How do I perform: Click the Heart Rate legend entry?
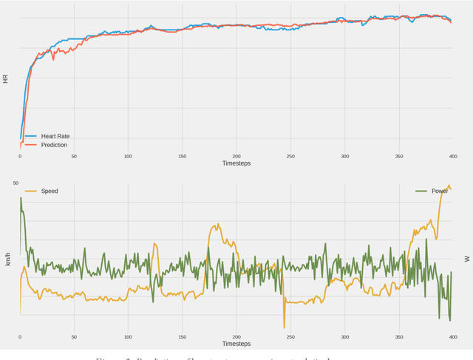click(x=55, y=137)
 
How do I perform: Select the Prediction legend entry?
click(x=53, y=145)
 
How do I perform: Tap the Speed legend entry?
click(x=49, y=191)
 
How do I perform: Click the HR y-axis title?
click(x=6, y=78)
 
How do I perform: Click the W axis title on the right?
click(x=466, y=259)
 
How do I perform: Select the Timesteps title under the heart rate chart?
click(x=236, y=163)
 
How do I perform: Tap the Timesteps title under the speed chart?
click(x=236, y=344)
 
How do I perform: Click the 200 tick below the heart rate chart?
click(x=236, y=157)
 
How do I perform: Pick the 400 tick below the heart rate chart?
click(x=452, y=157)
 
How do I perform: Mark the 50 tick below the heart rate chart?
click(x=74, y=157)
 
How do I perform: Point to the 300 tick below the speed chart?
click(x=344, y=337)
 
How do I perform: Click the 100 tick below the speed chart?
click(x=128, y=337)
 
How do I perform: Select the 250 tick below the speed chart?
click(x=290, y=337)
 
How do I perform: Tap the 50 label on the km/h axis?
click(x=16, y=183)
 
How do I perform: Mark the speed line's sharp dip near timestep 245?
click(x=284, y=327)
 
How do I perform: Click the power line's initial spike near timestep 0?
click(x=21, y=197)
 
